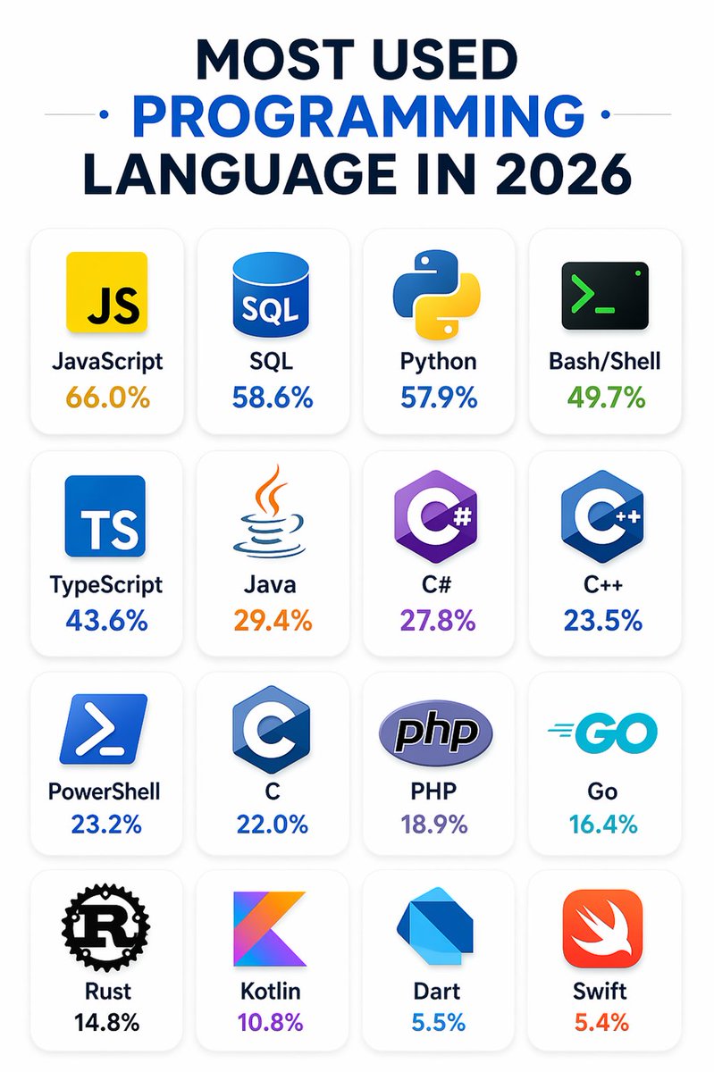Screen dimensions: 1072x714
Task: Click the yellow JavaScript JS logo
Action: [106, 292]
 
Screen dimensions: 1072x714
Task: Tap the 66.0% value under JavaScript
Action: [106, 398]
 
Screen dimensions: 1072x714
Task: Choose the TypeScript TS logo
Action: [106, 516]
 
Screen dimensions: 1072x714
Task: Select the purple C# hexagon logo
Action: [437, 516]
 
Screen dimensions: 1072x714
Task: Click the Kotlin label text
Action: [271, 991]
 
